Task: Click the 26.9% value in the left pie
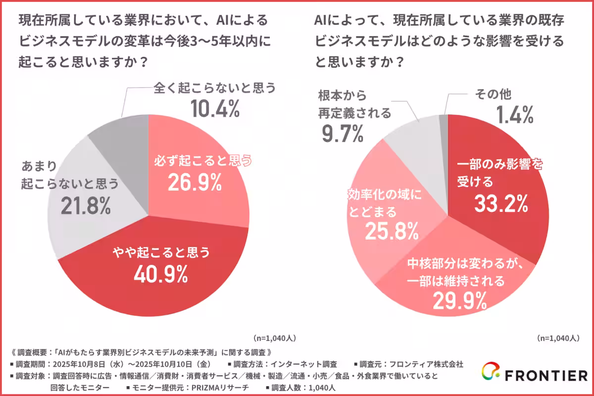[x=194, y=183]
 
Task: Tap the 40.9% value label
[x=160, y=274]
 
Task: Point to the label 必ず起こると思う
[x=201, y=161]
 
